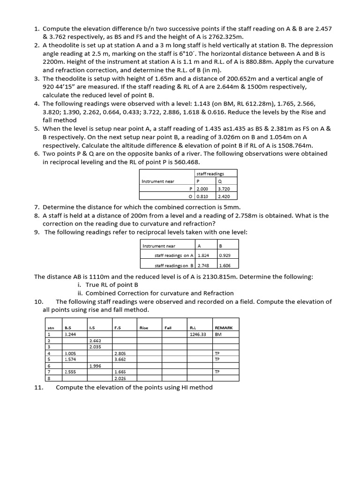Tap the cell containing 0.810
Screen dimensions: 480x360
click(x=202, y=196)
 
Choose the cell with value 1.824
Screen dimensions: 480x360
click(x=203, y=256)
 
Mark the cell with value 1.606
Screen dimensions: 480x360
click(x=225, y=265)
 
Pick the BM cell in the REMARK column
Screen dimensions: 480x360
click(x=217, y=334)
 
